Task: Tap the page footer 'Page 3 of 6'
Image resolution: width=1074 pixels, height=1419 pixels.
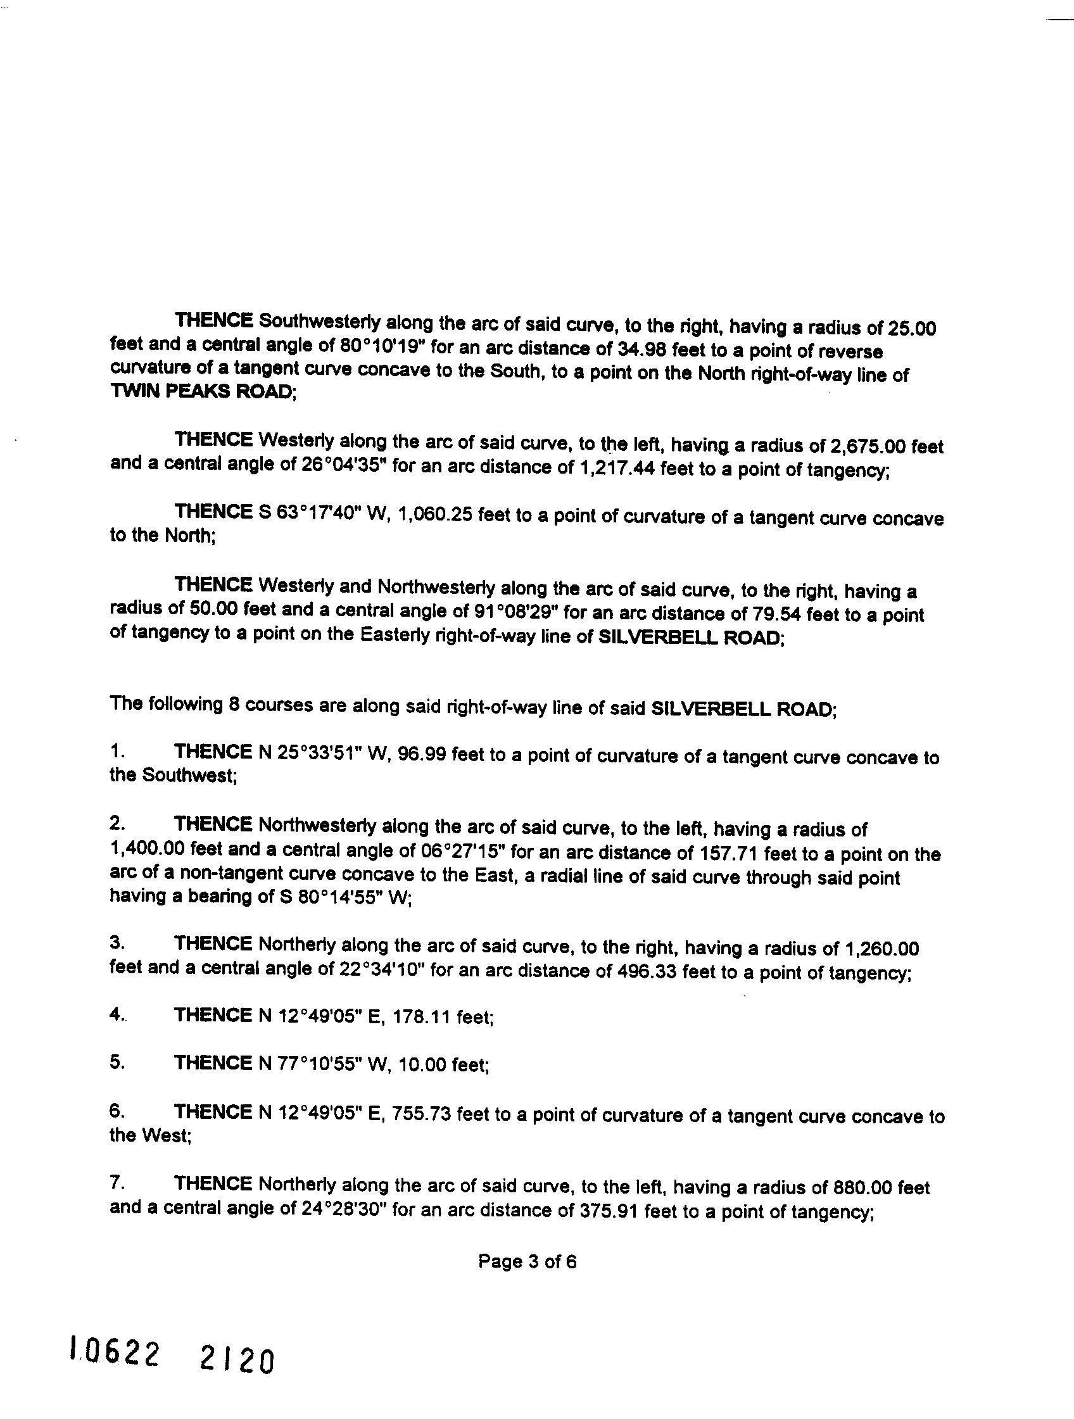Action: tap(527, 1262)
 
